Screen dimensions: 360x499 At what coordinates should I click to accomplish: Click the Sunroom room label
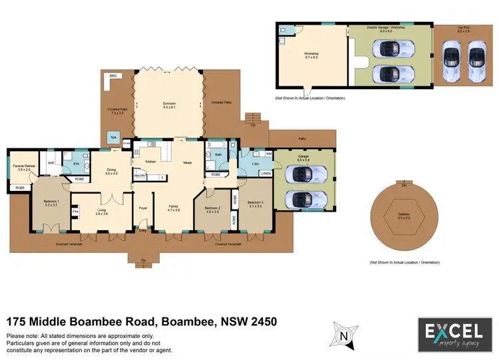click(169, 104)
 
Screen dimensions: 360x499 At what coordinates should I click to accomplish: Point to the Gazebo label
click(403, 215)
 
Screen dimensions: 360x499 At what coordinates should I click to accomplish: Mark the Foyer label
click(142, 207)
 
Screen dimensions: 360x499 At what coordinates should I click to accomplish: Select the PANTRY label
click(140, 176)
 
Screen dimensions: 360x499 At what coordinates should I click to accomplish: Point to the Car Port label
click(463, 29)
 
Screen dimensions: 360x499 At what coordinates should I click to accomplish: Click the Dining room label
click(112, 170)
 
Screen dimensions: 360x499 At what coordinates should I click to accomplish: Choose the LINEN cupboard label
click(265, 174)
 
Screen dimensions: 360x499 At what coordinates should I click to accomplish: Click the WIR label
click(51, 162)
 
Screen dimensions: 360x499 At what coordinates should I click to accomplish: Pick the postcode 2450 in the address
click(261, 322)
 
